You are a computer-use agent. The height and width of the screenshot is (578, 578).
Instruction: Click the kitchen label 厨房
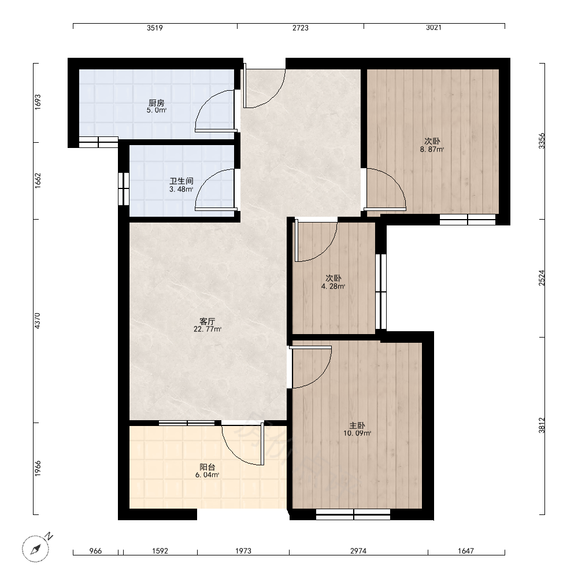point(156,103)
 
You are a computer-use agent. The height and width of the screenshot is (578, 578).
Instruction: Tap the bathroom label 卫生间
point(181,181)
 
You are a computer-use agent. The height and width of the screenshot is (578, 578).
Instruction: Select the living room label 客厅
point(207,321)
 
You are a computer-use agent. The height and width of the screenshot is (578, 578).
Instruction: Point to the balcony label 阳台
point(207,467)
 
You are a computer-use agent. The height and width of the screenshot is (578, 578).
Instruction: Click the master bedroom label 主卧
point(357,425)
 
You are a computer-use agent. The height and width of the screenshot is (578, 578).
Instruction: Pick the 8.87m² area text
point(432,149)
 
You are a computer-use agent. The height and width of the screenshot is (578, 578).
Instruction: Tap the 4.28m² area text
point(333,287)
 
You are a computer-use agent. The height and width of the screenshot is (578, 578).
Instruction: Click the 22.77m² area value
point(207,329)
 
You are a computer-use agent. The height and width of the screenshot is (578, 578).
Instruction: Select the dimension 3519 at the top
point(155,28)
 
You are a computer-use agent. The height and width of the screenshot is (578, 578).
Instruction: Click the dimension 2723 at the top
point(301,28)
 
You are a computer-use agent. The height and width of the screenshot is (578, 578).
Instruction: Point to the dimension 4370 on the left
point(37,321)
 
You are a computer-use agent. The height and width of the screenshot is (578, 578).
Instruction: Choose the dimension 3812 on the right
point(542,425)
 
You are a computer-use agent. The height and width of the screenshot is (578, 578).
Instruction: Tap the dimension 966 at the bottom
point(95,551)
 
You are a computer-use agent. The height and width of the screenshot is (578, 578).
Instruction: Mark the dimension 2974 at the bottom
point(358,551)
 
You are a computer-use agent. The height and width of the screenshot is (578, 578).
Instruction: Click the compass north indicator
point(49,536)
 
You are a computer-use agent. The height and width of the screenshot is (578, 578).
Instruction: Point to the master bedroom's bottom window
point(353,514)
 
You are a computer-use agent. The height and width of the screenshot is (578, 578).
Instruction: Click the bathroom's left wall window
point(124,189)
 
